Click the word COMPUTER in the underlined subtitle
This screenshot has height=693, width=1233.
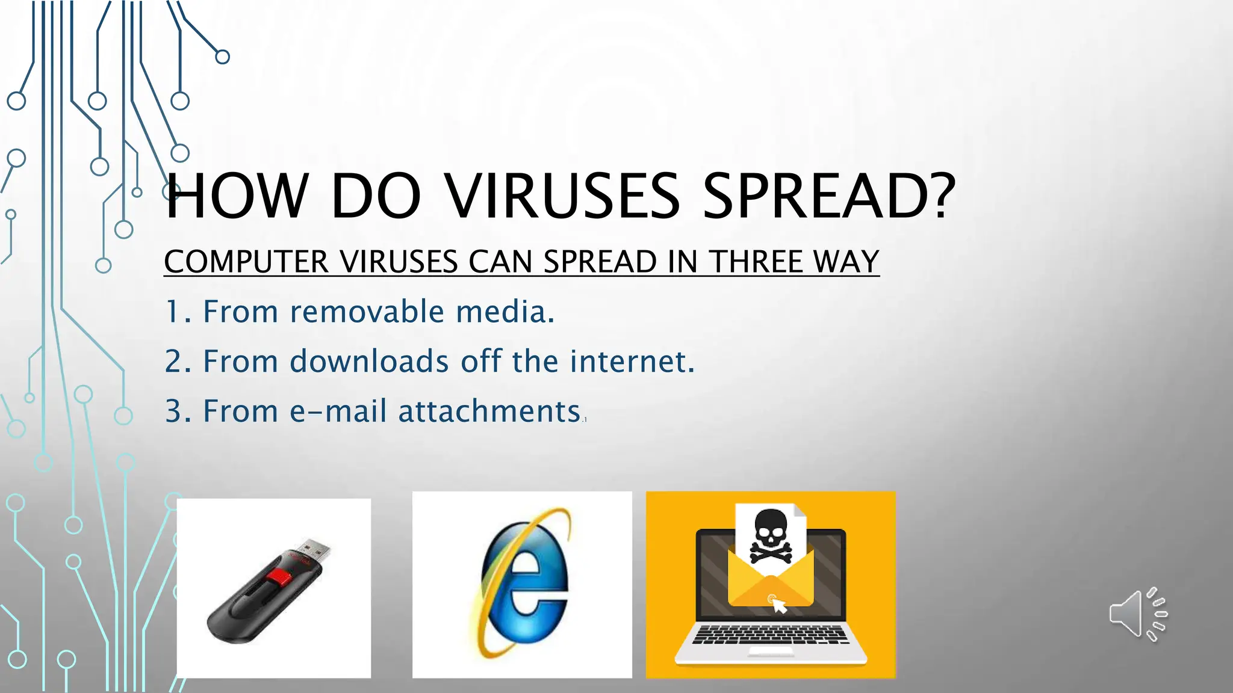246,262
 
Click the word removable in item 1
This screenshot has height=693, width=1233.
367,312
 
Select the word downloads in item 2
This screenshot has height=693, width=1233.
369,362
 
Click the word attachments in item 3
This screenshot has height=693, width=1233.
489,411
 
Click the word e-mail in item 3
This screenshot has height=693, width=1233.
338,411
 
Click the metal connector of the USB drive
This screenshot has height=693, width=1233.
315,550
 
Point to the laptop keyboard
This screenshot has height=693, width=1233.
770,635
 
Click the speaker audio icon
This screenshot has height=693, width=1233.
1137,614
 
